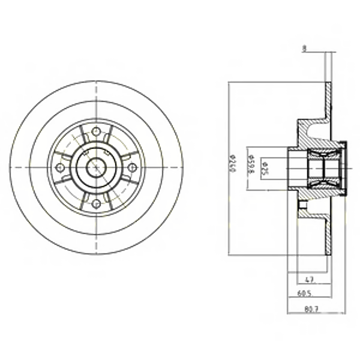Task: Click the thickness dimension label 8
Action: (x=304, y=50)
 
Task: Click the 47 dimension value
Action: (x=310, y=279)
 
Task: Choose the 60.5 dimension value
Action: (x=305, y=295)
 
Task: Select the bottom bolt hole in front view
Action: (x=96, y=205)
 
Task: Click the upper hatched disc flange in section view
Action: (x=328, y=102)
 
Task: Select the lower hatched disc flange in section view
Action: (x=328, y=234)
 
